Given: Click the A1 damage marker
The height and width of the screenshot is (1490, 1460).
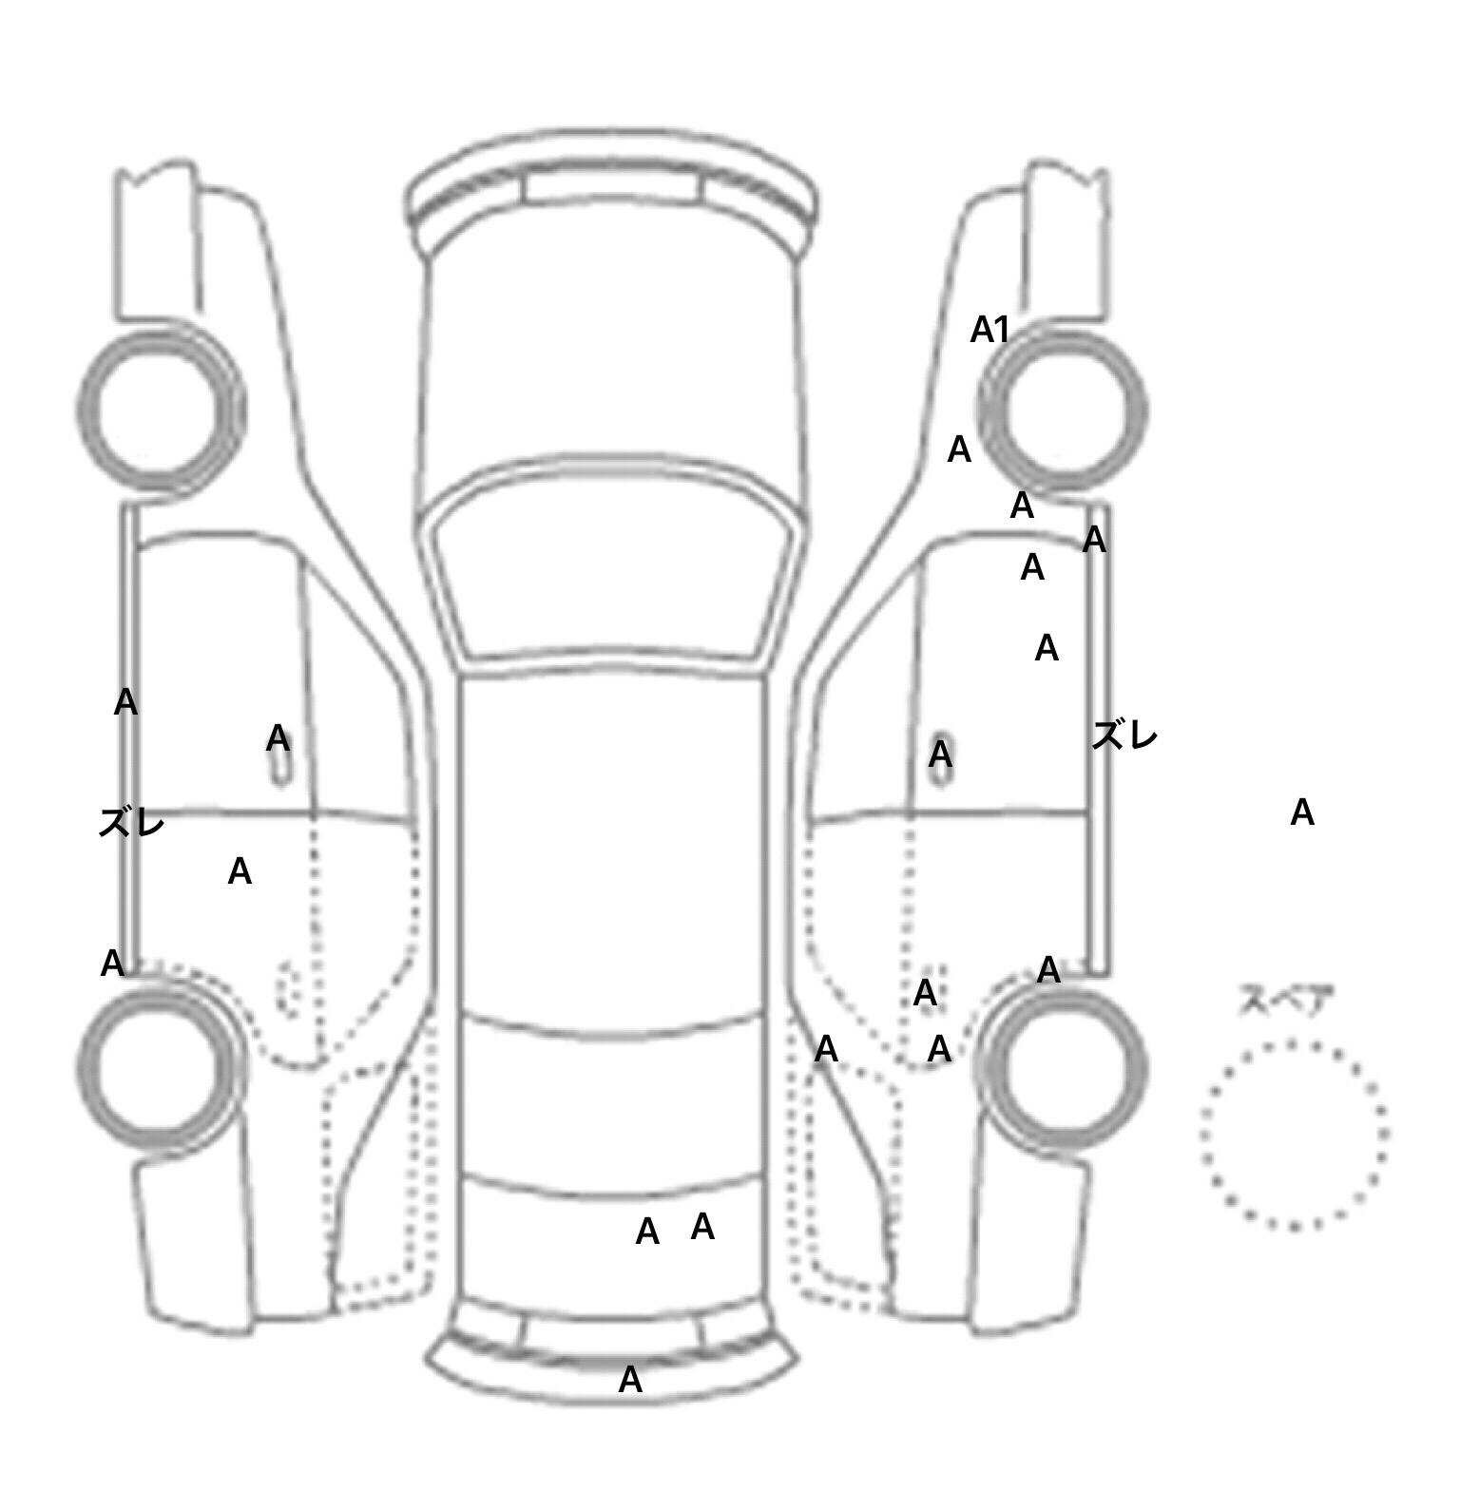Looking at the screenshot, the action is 989,330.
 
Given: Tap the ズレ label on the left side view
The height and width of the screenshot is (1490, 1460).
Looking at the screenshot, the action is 131,823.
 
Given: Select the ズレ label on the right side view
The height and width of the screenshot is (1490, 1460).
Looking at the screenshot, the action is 1124,735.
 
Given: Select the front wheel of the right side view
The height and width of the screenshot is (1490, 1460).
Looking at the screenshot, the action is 1144,411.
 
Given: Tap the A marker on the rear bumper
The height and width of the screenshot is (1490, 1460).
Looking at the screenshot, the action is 630,1380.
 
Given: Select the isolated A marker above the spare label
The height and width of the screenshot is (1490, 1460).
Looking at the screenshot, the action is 1302,812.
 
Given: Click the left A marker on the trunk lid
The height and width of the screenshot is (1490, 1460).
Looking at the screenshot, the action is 647,1232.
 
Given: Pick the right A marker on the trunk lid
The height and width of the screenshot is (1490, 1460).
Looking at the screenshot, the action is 702,1227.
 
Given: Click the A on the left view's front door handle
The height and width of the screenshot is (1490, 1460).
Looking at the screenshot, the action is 278,737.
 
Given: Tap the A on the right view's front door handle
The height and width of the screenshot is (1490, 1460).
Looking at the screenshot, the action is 940,755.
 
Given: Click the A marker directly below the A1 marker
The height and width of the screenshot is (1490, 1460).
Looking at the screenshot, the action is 959,449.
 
